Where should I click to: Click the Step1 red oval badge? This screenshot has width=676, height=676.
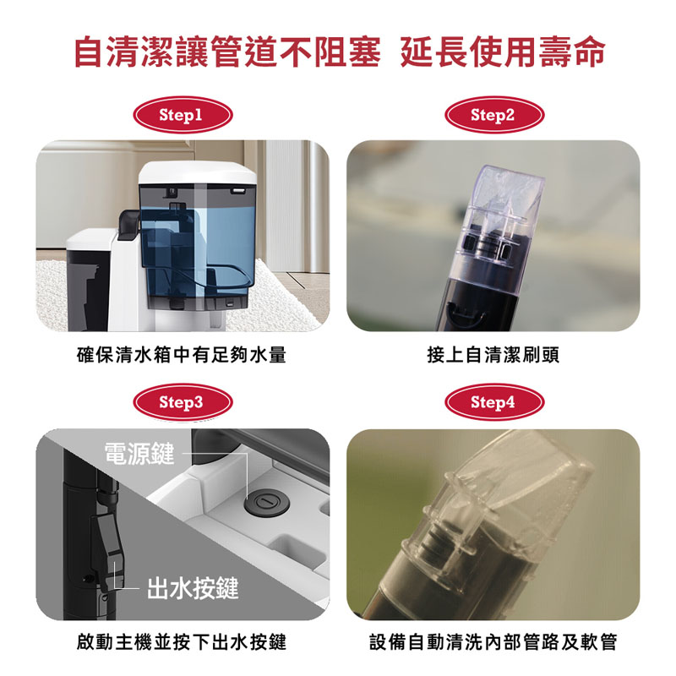(x=183, y=115)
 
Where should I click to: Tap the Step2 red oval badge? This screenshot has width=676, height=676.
(x=494, y=115)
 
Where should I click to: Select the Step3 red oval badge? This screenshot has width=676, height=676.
(x=183, y=402)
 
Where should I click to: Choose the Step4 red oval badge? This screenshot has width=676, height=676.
(x=494, y=402)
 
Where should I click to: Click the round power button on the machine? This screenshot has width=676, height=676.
(x=266, y=503)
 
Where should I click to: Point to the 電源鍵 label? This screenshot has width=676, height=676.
(x=139, y=454)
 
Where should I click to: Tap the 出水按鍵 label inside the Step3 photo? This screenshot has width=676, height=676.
(x=193, y=587)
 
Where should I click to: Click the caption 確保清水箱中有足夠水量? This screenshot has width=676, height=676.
(x=182, y=355)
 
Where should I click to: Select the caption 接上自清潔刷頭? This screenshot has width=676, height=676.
(x=493, y=355)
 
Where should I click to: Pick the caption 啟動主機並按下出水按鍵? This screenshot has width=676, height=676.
(x=182, y=642)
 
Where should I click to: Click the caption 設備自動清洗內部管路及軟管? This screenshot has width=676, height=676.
(x=493, y=642)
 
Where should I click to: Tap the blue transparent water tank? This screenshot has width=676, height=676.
(x=198, y=246)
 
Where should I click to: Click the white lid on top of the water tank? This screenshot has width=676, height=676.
(x=198, y=172)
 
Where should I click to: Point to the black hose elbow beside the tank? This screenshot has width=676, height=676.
(x=129, y=223)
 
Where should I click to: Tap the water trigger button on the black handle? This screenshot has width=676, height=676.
(x=109, y=548)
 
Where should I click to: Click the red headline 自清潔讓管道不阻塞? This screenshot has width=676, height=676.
(x=227, y=52)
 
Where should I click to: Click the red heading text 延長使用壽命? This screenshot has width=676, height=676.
(x=503, y=52)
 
